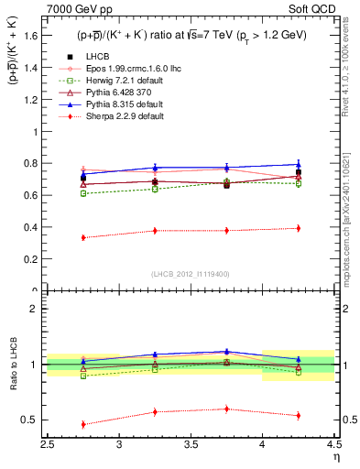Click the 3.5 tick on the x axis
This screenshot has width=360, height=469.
[x=191, y=445]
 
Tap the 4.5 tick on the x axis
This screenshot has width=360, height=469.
[x=334, y=445]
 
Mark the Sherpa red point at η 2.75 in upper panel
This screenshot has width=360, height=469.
[x=83, y=237]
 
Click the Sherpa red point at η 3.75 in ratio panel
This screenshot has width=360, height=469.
[x=226, y=409]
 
